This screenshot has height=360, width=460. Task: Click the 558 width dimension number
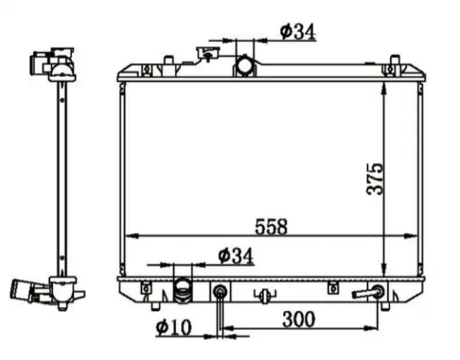271,227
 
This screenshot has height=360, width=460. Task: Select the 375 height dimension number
375,178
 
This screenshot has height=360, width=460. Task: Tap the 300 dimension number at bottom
299,319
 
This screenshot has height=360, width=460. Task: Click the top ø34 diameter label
297,31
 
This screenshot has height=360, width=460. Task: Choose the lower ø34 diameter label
235,256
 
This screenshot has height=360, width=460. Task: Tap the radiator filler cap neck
209,54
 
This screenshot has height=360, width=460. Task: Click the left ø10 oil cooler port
220,291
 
